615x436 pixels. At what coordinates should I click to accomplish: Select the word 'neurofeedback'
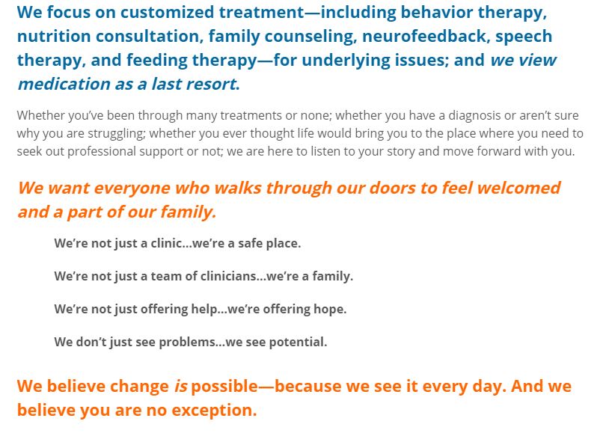(x=424, y=36)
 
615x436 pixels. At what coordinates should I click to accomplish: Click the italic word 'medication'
(x=64, y=84)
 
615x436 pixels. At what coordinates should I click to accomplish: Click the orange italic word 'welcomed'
(x=518, y=188)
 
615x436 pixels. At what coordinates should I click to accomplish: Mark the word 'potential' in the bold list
(x=303, y=343)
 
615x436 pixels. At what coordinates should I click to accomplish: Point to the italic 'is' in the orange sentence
(x=181, y=386)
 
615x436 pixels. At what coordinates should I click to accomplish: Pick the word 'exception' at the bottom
(x=214, y=411)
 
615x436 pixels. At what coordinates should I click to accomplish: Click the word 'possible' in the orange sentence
(x=224, y=387)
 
